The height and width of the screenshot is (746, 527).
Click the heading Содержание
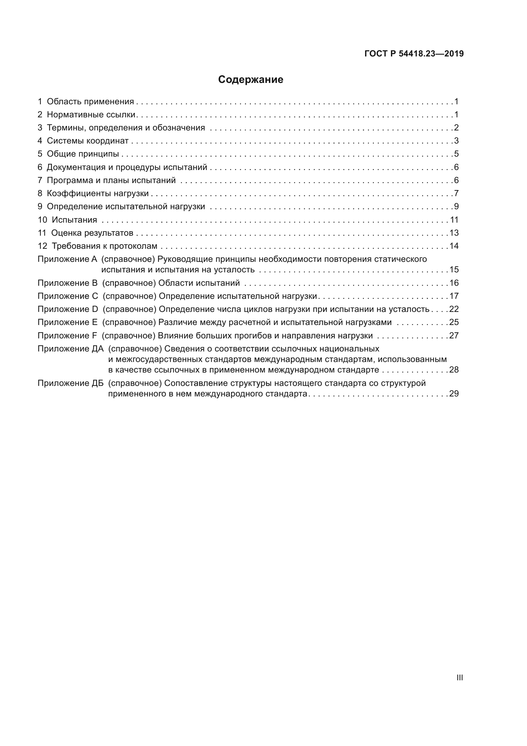point(250,80)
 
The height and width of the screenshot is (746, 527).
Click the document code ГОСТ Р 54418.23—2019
point(414,54)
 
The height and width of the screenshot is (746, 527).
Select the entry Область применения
point(90,102)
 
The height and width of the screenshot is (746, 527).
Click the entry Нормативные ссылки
point(91,115)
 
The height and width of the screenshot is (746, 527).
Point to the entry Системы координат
point(88,141)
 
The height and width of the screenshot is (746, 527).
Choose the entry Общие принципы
point(83,154)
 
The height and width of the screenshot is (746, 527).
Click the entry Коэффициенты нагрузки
point(98,194)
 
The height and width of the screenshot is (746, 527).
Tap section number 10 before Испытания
point(42,220)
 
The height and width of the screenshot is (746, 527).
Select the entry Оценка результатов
point(92,233)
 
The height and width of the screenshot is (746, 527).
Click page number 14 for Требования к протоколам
point(454,246)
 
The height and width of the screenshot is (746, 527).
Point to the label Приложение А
point(67,259)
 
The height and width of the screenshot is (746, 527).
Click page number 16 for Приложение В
point(454,283)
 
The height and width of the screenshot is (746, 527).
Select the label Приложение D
point(68,309)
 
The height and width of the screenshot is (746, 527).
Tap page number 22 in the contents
point(454,309)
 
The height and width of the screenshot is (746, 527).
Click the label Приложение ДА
point(70,349)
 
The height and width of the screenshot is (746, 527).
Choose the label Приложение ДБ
point(70,383)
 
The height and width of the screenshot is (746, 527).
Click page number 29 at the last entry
point(454,394)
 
